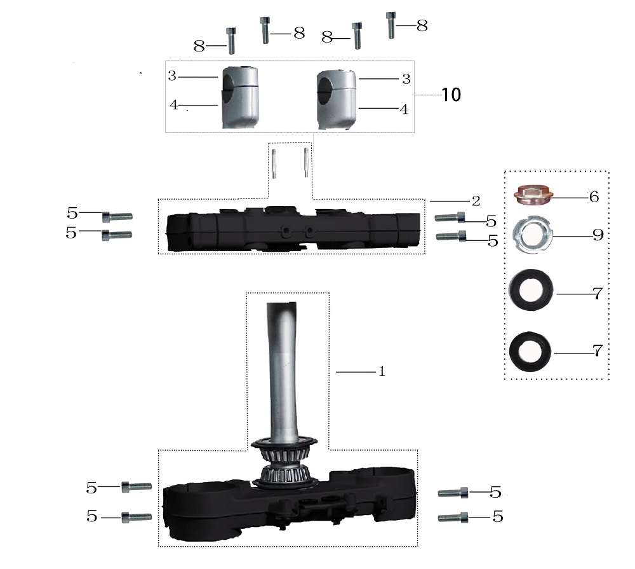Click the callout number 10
pos(451,95)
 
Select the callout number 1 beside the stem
pos(382,371)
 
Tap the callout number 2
pos(476,200)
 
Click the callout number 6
pos(594,196)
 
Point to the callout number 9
pos(597,235)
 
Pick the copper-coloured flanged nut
pos(533,196)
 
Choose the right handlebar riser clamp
pos(337,99)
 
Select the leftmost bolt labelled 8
pos(232,39)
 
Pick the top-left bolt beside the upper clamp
pos(117,216)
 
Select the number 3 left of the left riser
pos(172,76)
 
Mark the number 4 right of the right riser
pos(403,109)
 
